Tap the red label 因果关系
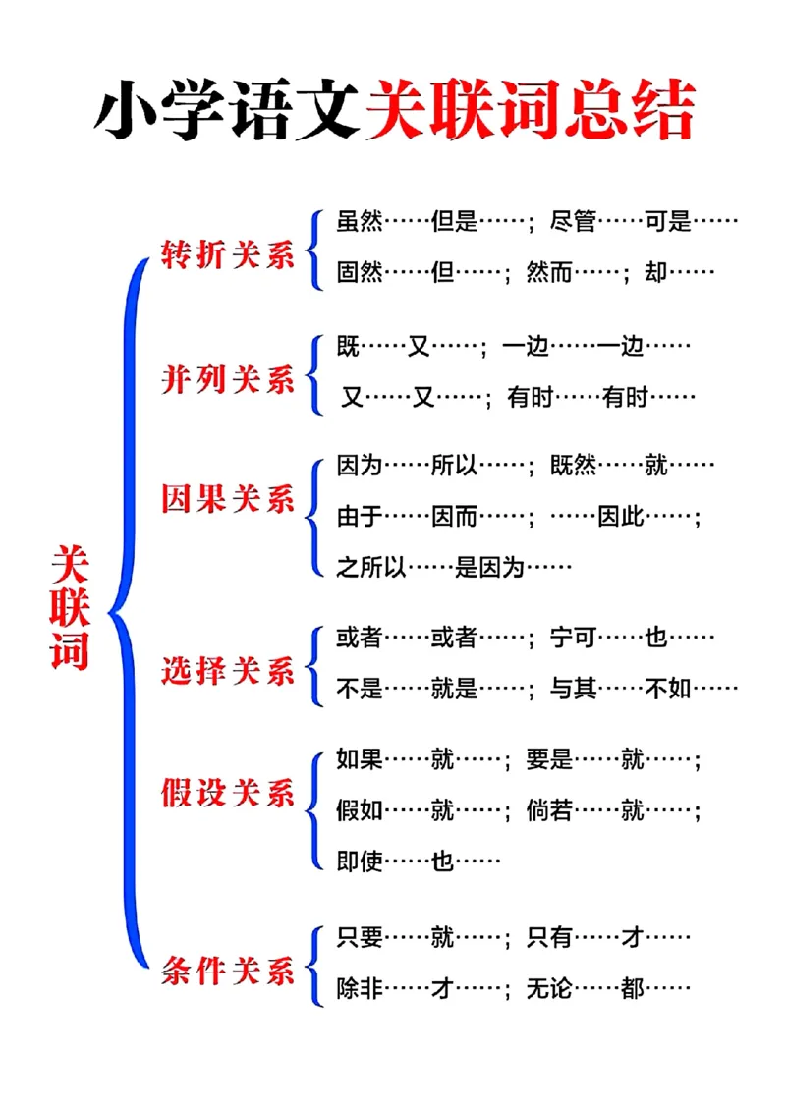tap(228, 498)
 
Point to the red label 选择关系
tap(228, 671)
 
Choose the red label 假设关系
tap(228, 793)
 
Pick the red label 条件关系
tap(228, 972)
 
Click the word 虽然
tap(360, 222)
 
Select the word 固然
tap(360, 273)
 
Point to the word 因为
tap(360, 465)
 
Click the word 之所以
tap(371, 567)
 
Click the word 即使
tap(360, 862)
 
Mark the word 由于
tap(360, 516)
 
